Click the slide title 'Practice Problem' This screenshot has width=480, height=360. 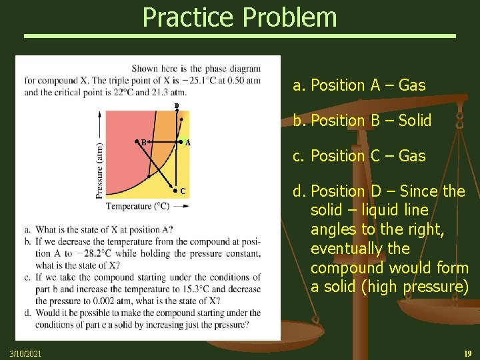(x=239, y=17)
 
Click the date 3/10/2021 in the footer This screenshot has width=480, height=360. (x=25, y=353)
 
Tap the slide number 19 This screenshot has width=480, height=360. (x=467, y=353)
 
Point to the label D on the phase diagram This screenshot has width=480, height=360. (x=177, y=107)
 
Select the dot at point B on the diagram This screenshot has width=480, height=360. (x=137, y=141)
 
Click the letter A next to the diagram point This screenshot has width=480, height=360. (x=188, y=143)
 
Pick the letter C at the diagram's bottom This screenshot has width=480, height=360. (x=183, y=192)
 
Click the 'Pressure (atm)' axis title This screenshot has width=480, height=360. (x=99, y=170)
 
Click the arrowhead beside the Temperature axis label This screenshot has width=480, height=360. (x=185, y=207)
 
